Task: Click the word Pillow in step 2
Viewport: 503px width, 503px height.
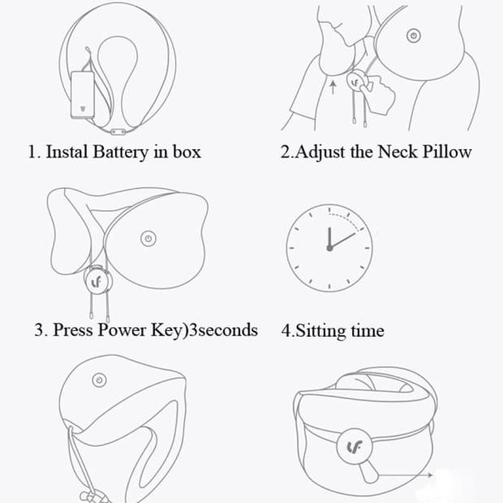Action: tap(445, 152)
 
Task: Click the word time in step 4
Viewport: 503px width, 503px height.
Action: tap(368, 331)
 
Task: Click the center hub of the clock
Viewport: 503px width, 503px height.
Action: tap(329, 248)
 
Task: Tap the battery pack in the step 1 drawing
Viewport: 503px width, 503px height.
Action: tap(84, 95)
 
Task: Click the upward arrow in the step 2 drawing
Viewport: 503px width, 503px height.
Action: tap(333, 86)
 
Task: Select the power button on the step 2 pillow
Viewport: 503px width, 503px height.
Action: tap(413, 36)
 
